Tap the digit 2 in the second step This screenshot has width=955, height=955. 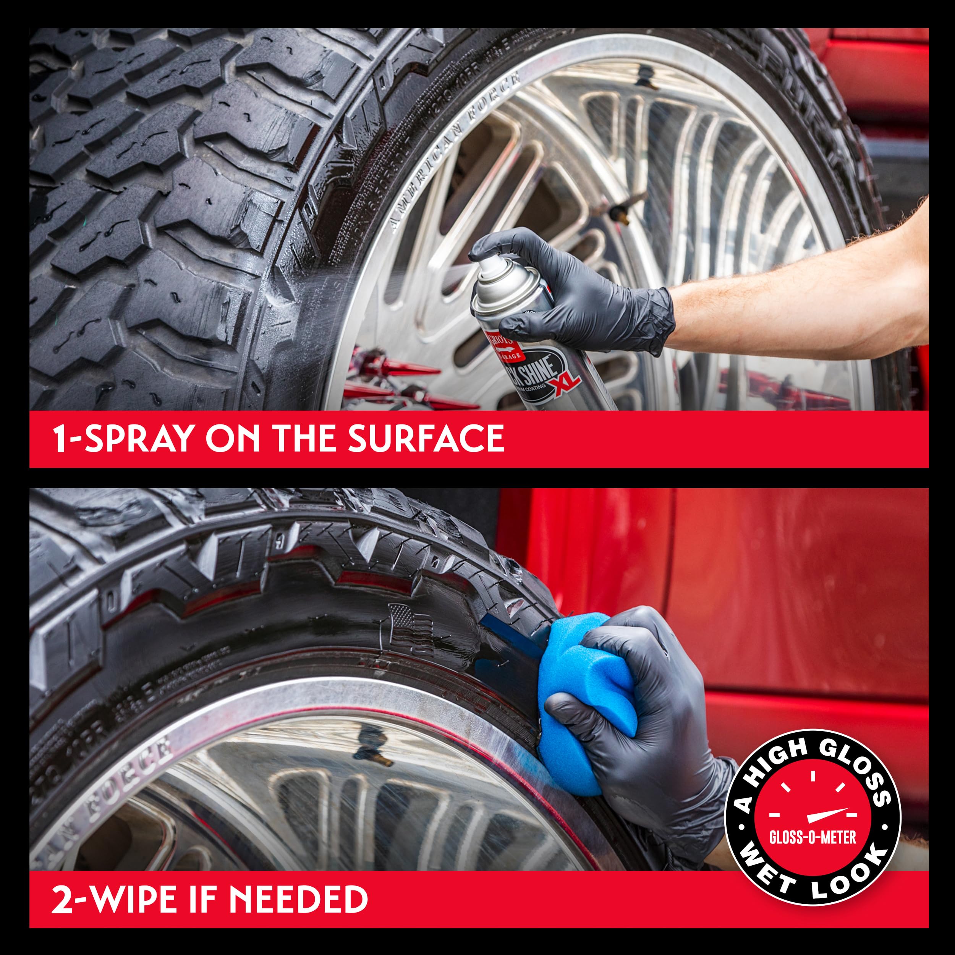62,899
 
